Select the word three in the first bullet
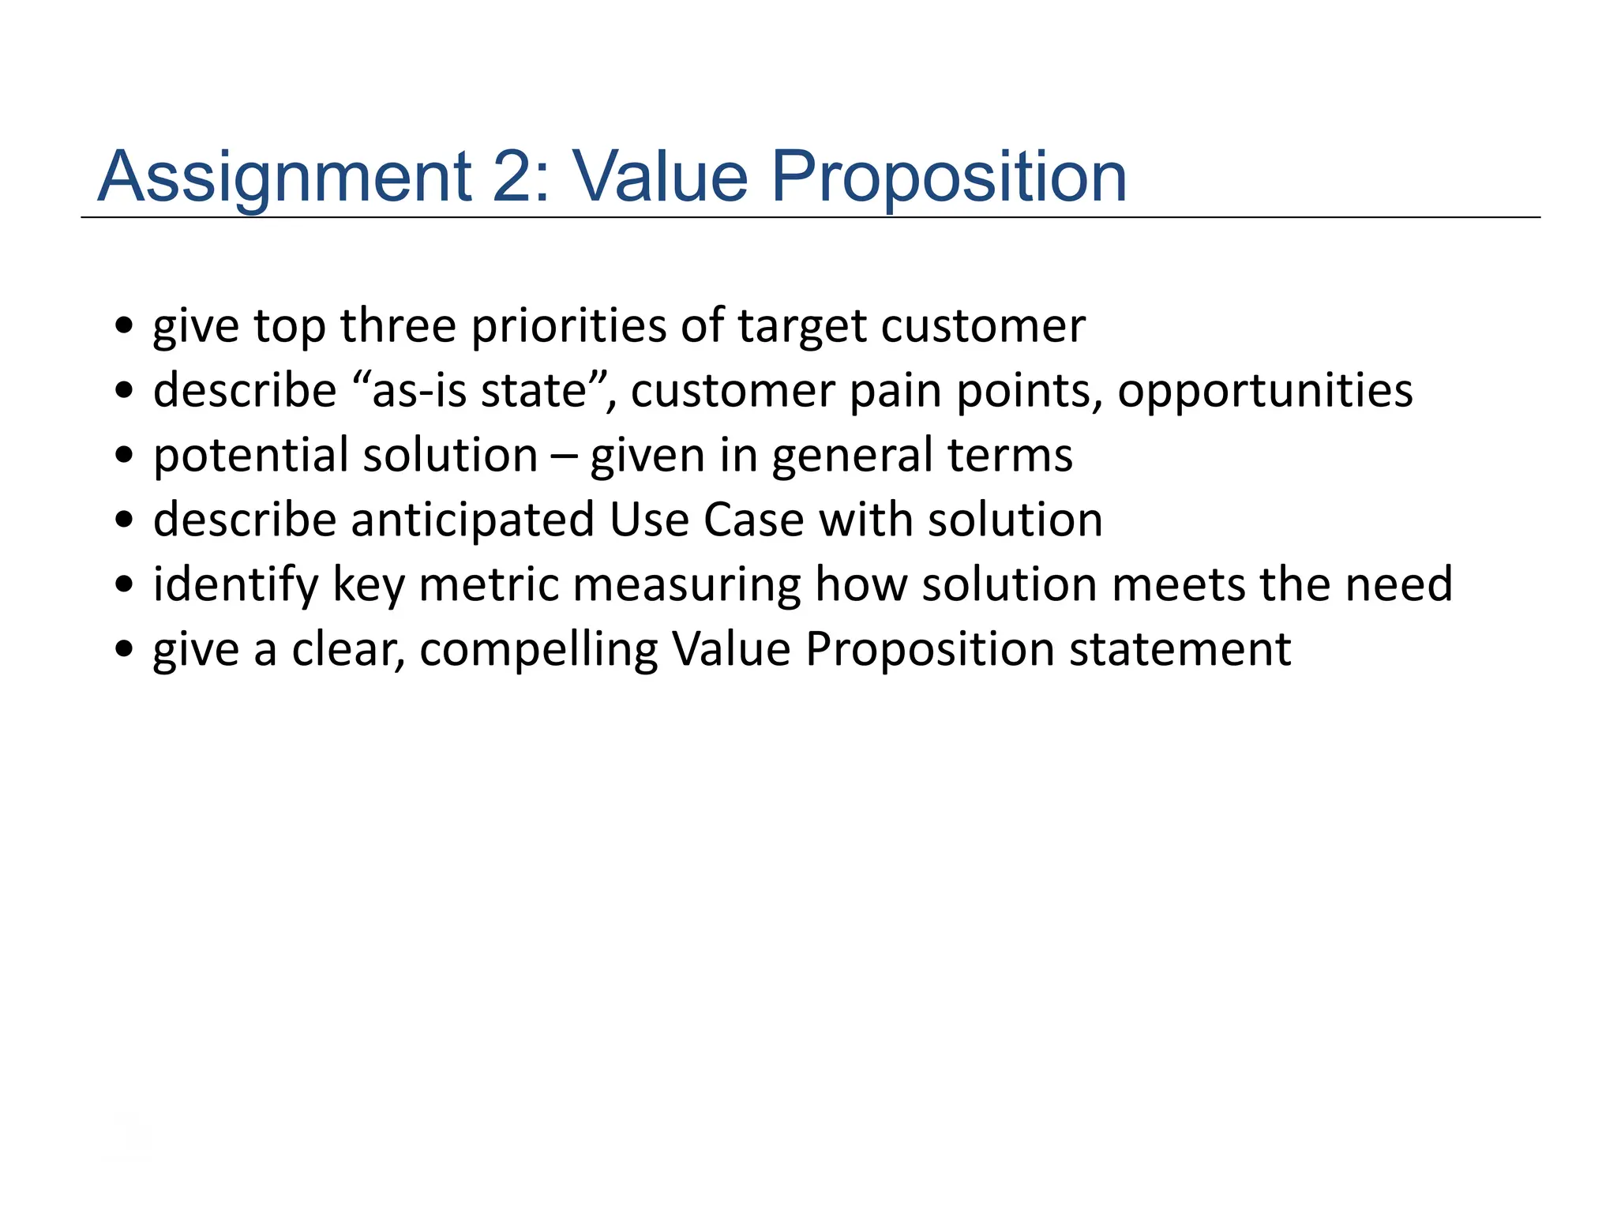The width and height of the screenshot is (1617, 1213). click(x=398, y=325)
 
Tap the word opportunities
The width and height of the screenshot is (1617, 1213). click(x=1265, y=392)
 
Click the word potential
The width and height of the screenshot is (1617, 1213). click(x=250, y=456)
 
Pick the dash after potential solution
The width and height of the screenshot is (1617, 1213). click(x=564, y=456)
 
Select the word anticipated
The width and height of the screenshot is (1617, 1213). click(x=472, y=520)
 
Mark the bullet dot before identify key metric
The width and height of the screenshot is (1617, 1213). click(x=124, y=584)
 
